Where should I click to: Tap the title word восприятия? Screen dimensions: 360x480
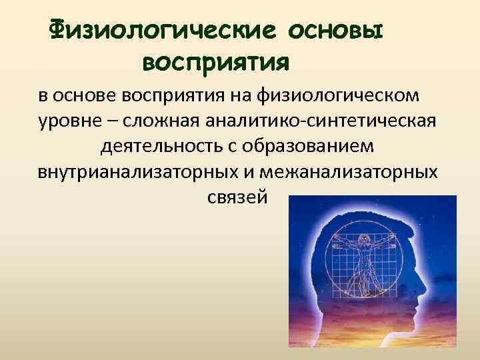point(215,63)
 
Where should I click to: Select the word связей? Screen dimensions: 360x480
point(233,197)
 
